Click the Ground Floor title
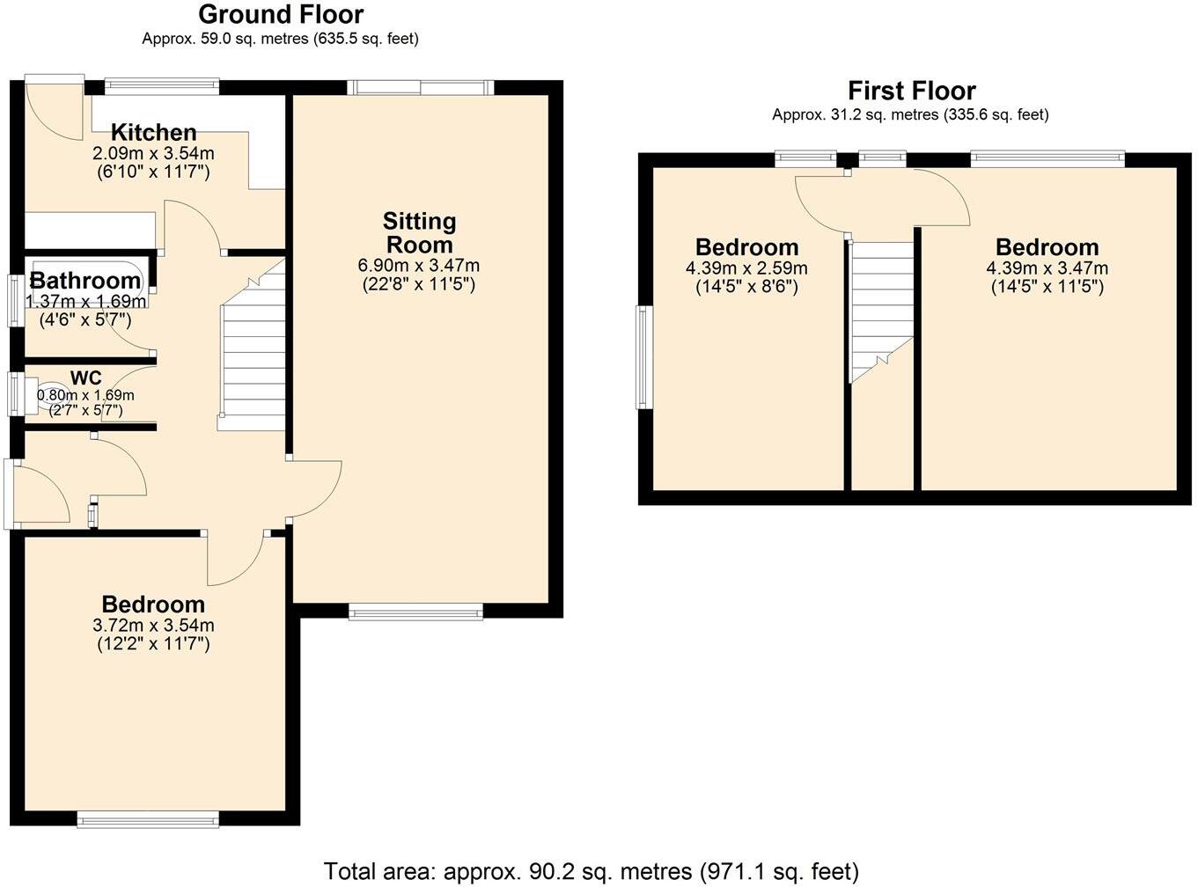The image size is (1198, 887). pos(281,15)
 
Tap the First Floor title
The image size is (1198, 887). pos(911,91)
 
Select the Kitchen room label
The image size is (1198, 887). pos(153,133)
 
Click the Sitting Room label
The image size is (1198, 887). pos(419,232)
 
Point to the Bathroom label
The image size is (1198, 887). pos(85,281)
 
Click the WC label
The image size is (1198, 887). pos(85,378)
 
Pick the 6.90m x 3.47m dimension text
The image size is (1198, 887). pos(419,266)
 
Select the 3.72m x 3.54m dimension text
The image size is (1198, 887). pos(153,626)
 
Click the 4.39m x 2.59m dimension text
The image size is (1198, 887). pos(746,268)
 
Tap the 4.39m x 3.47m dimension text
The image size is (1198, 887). pos(1047,268)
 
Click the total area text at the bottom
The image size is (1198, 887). pos(591,871)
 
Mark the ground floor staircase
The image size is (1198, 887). pos(253,352)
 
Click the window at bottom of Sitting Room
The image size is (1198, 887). pos(416,612)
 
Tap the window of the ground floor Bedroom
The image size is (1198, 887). pos(148,819)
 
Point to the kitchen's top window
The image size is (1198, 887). pos(161,85)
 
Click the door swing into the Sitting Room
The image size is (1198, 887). pos(315,493)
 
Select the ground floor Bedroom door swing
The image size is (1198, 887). pos(234,559)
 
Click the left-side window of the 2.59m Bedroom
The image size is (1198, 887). pos(644,357)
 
